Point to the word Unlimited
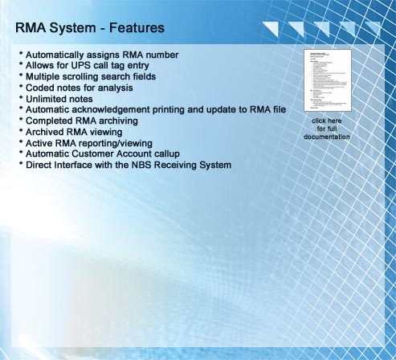tap(50, 98)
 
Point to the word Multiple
tap(45, 76)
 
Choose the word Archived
tap(47, 131)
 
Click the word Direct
tap(40, 165)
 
